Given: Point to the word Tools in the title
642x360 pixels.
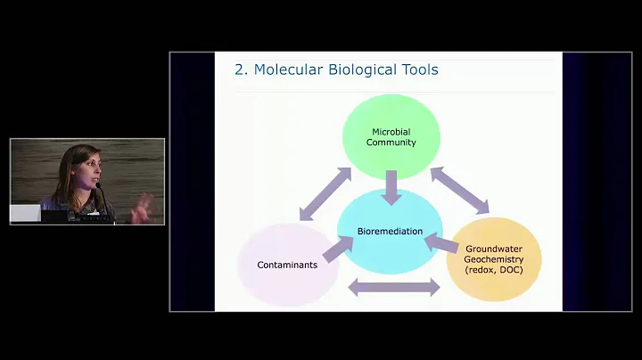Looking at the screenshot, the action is tap(418, 70).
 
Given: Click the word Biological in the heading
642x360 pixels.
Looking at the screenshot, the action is tap(360, 70).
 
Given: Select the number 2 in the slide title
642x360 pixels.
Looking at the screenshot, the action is tap(240, 70).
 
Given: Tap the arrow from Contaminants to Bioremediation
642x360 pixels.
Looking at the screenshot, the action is tap(337, 249).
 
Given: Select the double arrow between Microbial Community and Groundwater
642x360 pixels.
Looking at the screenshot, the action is tap(460, 191).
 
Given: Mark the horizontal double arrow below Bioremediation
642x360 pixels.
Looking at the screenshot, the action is tap(393, 287).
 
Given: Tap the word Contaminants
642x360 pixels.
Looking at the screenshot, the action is tap(287, 265).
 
